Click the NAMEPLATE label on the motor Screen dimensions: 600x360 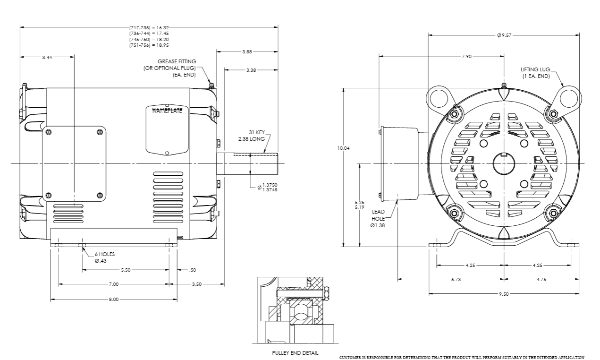[x=168, y=111]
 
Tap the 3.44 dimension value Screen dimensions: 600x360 [x=47, y=57]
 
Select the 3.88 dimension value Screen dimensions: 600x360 [x=247, y=52]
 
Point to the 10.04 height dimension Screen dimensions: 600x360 [x=343, y=148]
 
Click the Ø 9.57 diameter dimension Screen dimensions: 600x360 [x=504, y=35]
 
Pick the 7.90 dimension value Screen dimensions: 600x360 [x=466, y=56]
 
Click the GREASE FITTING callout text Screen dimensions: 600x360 [x=177, y=61]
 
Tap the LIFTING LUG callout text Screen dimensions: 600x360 [x=535, y=69]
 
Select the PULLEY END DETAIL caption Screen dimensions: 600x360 [x=295, y=353]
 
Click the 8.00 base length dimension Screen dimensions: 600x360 [x=114, y=299]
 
